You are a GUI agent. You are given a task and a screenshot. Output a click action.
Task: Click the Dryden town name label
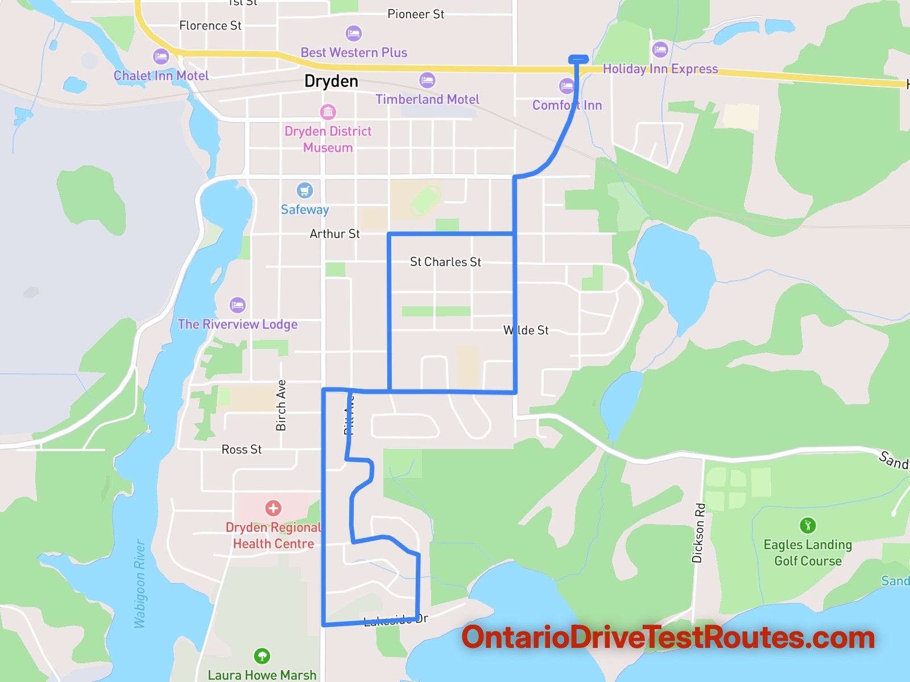[331, 81]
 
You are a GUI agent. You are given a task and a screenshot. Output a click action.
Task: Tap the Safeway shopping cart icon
[305, 190]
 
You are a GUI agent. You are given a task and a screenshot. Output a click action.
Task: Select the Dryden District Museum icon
[328, 112]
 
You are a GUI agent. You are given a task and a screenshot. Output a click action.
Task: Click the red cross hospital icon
[273, 508]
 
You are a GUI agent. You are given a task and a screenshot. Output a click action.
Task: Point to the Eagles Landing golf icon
[808, 525]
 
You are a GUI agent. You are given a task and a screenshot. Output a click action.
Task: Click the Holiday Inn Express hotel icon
[660, 49]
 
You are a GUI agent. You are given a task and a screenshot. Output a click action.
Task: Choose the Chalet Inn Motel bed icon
[161, 56]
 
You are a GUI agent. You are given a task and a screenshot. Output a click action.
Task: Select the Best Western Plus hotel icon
[353, 34]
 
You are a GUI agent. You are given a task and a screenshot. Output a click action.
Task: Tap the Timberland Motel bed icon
[427, 80]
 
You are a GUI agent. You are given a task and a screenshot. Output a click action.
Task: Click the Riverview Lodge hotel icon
[238, 305]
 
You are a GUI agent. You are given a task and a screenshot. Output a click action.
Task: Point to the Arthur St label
[334, 234]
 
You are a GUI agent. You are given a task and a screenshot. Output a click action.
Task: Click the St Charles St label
[445, 262]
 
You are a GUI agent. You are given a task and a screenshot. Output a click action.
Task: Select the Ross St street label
[242, 450]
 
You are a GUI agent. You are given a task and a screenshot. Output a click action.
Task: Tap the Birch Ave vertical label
[281, 405]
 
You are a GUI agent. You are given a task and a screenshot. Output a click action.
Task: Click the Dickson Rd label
[698, 533]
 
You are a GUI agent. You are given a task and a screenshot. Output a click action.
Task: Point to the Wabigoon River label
[140, 584]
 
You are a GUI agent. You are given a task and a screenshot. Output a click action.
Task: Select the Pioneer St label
[416, 14]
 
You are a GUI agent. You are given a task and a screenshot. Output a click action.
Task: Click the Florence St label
[210, 26]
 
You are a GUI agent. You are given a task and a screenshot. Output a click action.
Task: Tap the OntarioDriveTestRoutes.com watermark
[668, 638]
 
